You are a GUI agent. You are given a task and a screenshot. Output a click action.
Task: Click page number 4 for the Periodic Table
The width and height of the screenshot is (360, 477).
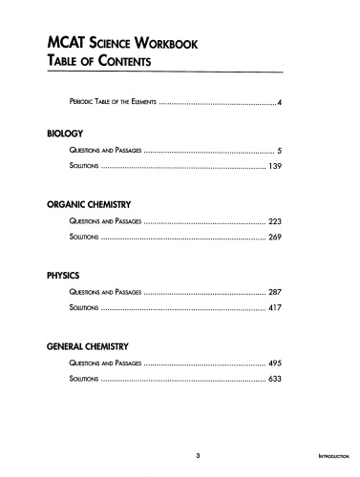click(x=278, y=101)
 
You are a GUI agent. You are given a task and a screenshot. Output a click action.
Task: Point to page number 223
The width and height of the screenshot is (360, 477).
click(x=272, y=220)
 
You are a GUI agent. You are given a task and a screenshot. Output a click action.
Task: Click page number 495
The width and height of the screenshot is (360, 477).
click(x=272, y=363)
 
